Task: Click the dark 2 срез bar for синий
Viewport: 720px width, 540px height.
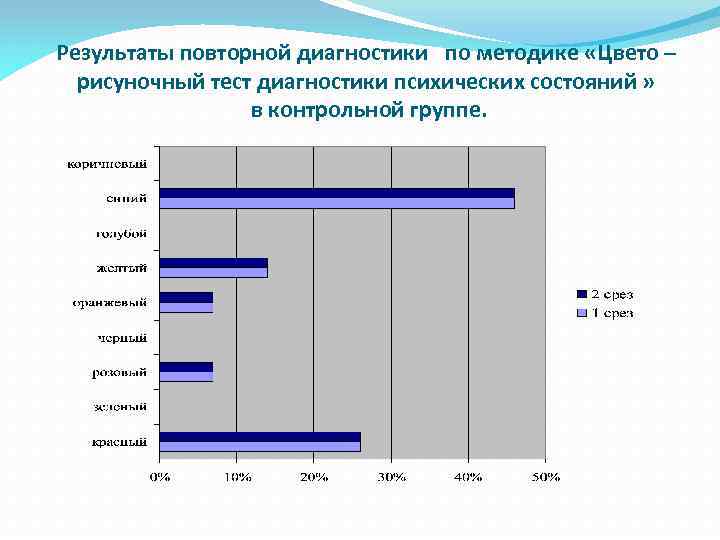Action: (x=337, y=193)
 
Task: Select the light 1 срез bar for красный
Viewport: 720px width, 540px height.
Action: (x=260, y=446)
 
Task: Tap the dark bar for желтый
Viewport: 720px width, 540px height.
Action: (x=214, y=263)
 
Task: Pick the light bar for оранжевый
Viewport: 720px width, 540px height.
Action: (x=186, y=307)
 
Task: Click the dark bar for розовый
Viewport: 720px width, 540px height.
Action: (x=186, y=367)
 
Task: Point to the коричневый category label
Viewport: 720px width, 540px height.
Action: (x=107, y=163)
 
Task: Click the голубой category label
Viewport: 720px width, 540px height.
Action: (x=121, y=233)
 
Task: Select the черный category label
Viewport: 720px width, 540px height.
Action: (x=122, y=338)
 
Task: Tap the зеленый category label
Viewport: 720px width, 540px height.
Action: (x=122, y=407)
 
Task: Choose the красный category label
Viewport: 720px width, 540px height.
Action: (x=120, y=442)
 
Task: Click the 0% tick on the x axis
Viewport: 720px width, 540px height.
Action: (x=160, y=476)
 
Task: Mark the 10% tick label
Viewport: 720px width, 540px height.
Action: (x=237, y=476)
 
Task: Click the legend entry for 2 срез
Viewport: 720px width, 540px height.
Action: (x=605, y=294)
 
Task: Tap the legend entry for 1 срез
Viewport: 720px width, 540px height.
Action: (x=605, y=313)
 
